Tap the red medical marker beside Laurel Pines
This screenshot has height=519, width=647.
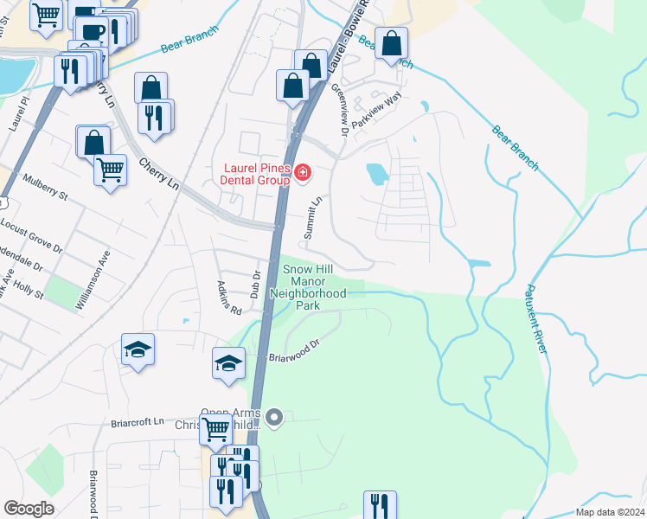click(303, 174)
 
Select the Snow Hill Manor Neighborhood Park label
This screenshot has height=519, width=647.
click(309, 287)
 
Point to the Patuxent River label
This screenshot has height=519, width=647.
click(537, 319)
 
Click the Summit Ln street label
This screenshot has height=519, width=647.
click(313, 217)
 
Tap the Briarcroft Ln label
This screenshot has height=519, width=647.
click(137, 423)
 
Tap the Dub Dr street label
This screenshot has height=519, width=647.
click(255, 285)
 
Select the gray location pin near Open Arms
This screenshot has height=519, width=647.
click(275, 420)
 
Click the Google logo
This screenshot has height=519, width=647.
click(29, 509)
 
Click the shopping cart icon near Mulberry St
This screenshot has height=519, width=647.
click(110, 169)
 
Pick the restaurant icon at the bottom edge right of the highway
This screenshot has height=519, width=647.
click(380, 505)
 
